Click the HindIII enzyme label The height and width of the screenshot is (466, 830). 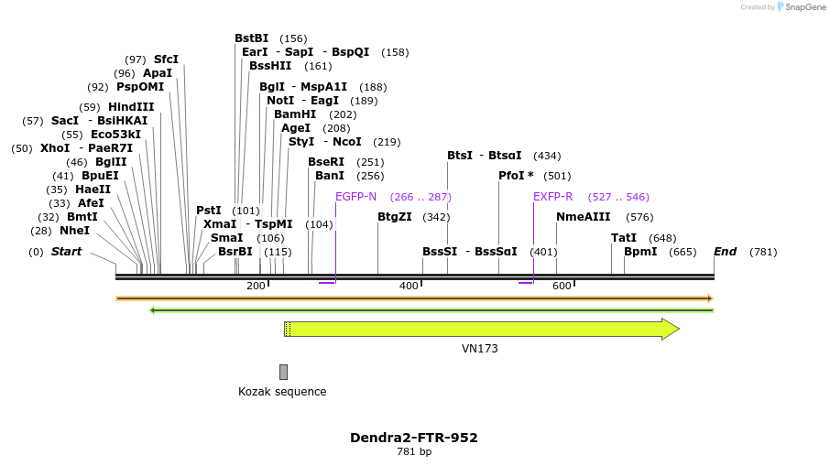coord(131,107)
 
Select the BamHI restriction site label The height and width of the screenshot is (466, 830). coord(295,114)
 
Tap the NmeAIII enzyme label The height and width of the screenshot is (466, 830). coord(583,217)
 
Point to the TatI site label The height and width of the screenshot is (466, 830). coord(624,238)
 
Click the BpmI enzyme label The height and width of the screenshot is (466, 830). coord(640,252)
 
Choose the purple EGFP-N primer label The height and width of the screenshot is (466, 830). coord(355,197)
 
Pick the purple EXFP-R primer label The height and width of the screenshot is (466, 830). coord(553,197)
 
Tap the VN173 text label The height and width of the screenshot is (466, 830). coord(480,349)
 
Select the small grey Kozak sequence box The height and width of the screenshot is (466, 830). coord(284,372)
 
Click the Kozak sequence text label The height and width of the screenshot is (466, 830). coord(282,392)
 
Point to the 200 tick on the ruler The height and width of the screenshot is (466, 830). coord(256,286)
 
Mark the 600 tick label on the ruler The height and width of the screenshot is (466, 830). coord(562,286)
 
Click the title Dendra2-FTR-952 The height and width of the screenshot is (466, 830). coord(414,438)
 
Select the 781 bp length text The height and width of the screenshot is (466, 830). coord(414,452)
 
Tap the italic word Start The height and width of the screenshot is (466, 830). coord(66,252)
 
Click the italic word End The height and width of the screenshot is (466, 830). coord(725,252)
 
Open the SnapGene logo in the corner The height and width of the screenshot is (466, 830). coord(792,7)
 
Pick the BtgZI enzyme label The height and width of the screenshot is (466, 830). coord(396,217)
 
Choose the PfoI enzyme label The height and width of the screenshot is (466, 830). coord(516,176)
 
